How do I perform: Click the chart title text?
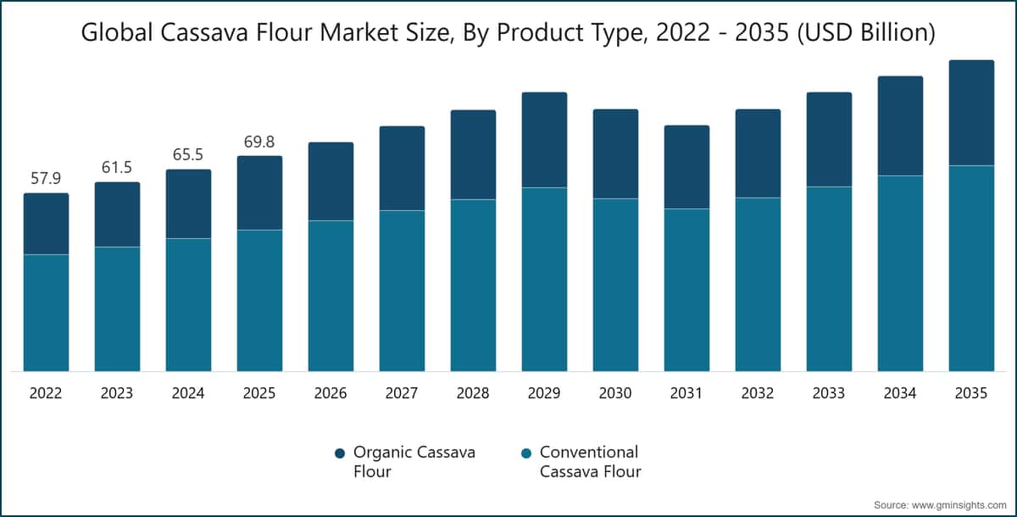pyautogui.click(x=508, y=33)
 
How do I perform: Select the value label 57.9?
pyautogui.click(x=46, y=178)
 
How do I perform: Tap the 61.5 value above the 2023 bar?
pyautogui.click(x=117, y=168)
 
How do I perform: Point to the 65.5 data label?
pyautogui.click(x=188, y=155)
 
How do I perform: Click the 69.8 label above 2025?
pyautogui.click(x=259, y=142)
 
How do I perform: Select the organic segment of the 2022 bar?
pyautogui.click(x=47, y=224)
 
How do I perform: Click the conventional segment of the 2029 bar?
pyautogui.click(x=544, y=280)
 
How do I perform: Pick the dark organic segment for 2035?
pyautogui.click(x=971, y=113)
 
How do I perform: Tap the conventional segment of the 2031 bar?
pyautogui.click(x=687, y=290)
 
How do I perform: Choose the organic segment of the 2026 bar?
pyautogui.click(x=331, y=181)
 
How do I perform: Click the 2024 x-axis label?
pyautogui.click(x=188, y=393)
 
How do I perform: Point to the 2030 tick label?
pyautogui.click(x=615, y=393)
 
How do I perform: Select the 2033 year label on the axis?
pyautogui.click(x=829, y=393)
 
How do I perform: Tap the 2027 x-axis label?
pyautogui.click(x=402, y=393)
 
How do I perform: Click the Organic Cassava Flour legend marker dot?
pyautogui.click(x=340, y=453)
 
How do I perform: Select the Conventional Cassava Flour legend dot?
pyautogui.click(x=526, y=453)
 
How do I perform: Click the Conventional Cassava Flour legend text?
pyautogui.click(x=590, y=462)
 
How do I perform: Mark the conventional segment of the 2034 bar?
pyautogui.click(x=900, y=274)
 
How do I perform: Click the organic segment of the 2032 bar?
pyautogui.click(x=759, y=153)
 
